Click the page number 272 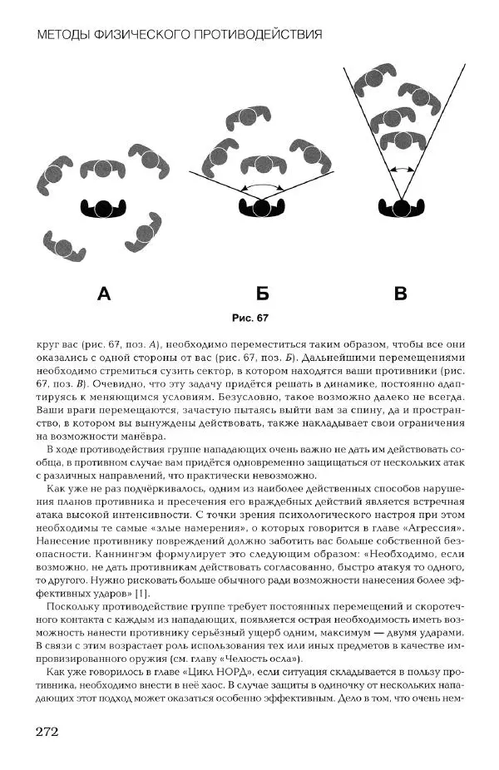(x=46, y=732)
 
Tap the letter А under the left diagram (x=103, y=293)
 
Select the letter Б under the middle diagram (x=262, y=293)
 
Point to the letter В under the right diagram (x=400, y=293)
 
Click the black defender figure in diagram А (x=103, y=207)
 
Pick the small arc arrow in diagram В (x=402, y=169)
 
